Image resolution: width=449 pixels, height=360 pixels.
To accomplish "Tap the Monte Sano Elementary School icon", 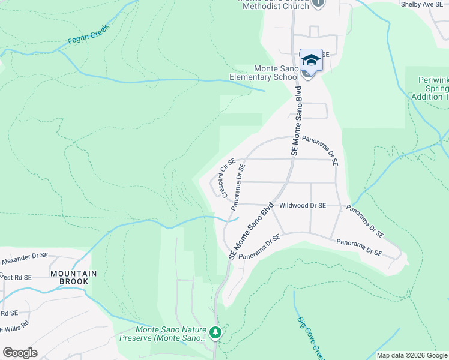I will [x=311, y=61].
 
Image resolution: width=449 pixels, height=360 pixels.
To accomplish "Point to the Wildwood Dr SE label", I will [x=303, y=205].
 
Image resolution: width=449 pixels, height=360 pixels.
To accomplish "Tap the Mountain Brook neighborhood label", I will [x=73, y=277].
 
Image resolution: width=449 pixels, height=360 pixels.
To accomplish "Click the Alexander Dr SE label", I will [x=24, y=259].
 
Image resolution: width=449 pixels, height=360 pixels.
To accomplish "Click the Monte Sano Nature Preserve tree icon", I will [x=216, y=332].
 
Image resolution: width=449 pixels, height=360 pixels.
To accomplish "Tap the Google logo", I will [x=20, y=353].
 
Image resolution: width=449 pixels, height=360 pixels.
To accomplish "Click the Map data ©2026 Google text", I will [x=411, y=355].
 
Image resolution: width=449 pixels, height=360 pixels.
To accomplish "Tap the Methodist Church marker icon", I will [x=318, y=3].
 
